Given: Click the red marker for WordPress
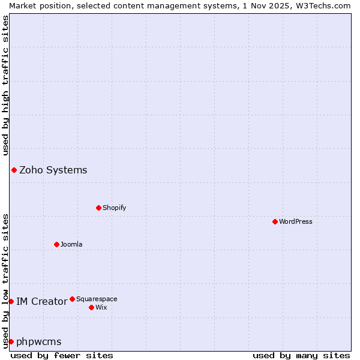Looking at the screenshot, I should pos(275,221).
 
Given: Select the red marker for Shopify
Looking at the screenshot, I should pos(98,208).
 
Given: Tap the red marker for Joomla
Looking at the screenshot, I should pos(56,244).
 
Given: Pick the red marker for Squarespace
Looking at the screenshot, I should pos(72,299).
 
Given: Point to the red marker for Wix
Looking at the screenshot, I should pos(91,307).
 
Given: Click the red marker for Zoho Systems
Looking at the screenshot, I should pos(14,170).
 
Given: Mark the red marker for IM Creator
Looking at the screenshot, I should pos(11,301).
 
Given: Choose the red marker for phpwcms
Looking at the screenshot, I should pos(11,341).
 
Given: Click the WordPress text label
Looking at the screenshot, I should pos(296,221).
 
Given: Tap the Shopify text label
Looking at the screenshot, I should pos(115,208).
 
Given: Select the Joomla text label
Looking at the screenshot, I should pos(71,244).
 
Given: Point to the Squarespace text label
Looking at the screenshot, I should pos(97,299).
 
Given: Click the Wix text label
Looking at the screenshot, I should pos(101,307).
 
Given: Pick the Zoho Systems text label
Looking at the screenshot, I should pos(53,170).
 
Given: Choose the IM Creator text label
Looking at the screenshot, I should pos(41,301).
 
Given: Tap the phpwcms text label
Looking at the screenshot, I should pos(39,341).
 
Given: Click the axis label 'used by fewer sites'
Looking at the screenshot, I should pos(62,355).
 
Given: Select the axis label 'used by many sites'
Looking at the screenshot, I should pos(301,355).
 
